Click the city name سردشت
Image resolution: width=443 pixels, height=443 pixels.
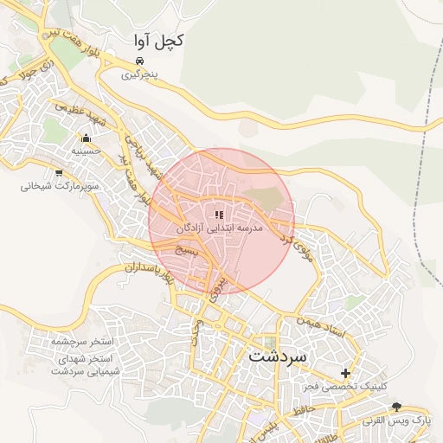(278, 356)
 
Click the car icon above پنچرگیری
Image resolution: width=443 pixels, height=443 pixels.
(140, 61)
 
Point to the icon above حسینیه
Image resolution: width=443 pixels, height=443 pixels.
(86, 138)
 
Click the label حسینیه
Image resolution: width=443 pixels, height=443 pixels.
(86, 151)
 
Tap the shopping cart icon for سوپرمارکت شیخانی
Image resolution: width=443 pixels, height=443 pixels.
(59, 172)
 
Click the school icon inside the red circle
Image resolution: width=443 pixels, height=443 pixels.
(219, 214)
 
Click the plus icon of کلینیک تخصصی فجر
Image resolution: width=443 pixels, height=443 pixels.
(346, 374)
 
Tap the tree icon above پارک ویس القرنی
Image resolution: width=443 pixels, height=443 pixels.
(397, 406)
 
